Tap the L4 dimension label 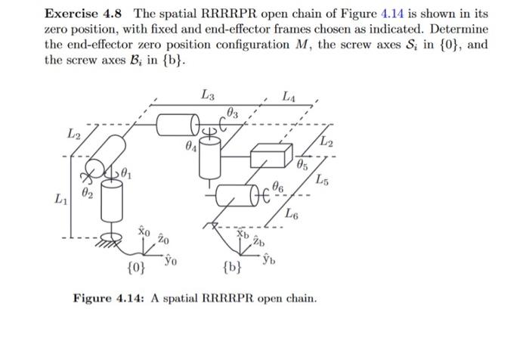click(289, 96)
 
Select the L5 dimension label click(323, 179)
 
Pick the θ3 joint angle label click(232, 113)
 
